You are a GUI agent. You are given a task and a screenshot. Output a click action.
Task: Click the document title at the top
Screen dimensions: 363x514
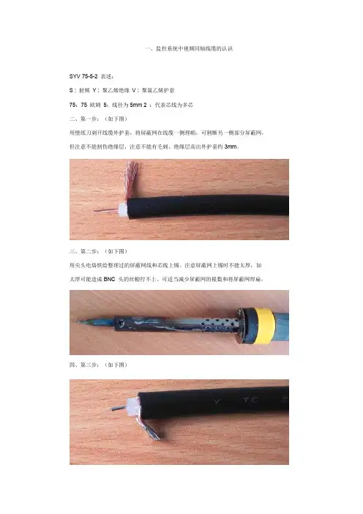click(x=189, y=48)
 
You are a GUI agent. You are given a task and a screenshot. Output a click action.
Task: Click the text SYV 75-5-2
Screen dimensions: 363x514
click(x=83, y=76)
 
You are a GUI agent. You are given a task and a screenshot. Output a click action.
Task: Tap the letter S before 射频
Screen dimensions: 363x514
click(x=71, y=90)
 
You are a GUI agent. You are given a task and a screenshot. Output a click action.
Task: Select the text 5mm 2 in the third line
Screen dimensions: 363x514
click(x=138, y=105)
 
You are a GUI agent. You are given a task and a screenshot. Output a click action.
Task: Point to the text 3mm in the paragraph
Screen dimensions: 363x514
click(x=231, y=146)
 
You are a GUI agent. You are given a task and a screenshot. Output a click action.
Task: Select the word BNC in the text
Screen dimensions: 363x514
click(x=110, y=279)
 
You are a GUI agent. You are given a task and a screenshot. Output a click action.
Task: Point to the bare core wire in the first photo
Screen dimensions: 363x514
click(x=106, y=209)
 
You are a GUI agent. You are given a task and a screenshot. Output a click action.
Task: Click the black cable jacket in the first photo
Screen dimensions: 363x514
click(x=208, y=206)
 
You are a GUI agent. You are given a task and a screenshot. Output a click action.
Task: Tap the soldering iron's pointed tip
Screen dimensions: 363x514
click(x=78, y=321)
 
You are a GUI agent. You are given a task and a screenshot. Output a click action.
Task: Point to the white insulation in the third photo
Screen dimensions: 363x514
click(x=132, y=406)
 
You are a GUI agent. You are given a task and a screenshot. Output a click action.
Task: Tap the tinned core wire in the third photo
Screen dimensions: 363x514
click(x=118, y=408)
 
